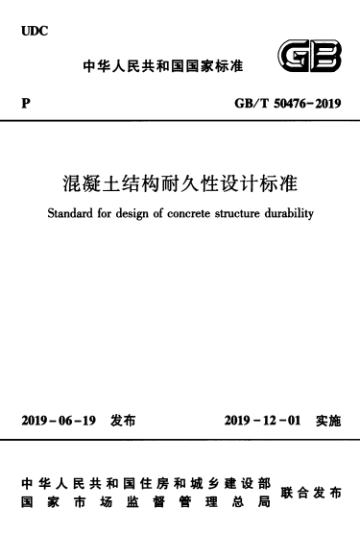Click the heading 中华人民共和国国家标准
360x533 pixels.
tap(164, 66)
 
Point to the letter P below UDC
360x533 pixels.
tap(24, 101)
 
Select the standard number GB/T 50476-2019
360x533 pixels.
tap(295, 101)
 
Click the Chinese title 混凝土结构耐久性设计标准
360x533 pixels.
tap(180, 182)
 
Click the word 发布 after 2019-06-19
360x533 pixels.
tap(124, 420)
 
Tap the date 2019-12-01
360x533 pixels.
tap(262, 420)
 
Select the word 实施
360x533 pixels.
tap(328, 420)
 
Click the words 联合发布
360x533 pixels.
tap(311, 492)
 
